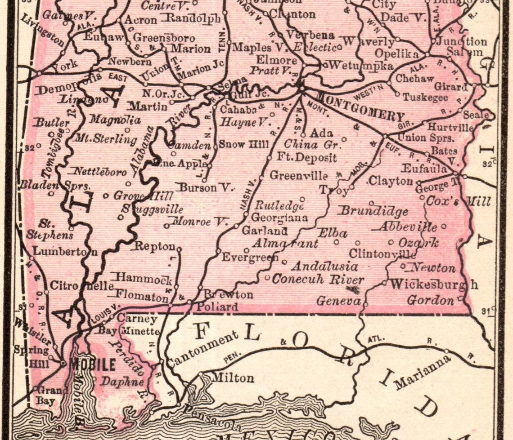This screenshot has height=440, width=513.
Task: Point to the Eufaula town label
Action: point(424,169)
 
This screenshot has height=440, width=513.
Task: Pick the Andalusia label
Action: point(325,266)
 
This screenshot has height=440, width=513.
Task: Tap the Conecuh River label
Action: point(318,279)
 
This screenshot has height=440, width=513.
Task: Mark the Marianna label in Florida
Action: point(422,373)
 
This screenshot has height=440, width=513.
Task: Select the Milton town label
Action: point(232,378)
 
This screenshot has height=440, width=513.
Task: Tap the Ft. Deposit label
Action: point(306,158)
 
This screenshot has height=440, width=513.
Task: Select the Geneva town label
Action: point(338,301)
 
